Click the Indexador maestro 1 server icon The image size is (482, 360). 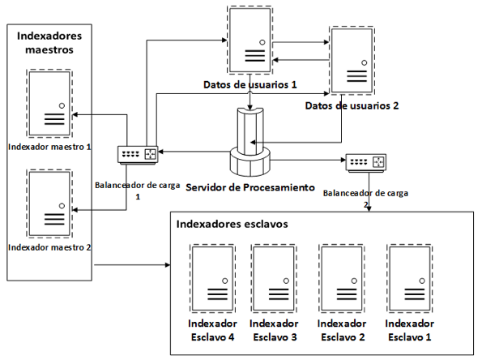[49, 104]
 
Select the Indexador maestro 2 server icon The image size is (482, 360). [49, 204]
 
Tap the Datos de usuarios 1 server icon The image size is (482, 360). [250, 40]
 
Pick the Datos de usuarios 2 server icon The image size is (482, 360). [352, 60]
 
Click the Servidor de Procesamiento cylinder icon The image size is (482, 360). [250, 142]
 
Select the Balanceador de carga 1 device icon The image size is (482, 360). [138, 155]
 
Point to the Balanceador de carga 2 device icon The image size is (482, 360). [366, 162]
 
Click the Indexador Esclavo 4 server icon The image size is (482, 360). [212, 278]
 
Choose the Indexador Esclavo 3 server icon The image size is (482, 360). [274, 278]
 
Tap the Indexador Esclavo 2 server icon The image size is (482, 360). [342, 278]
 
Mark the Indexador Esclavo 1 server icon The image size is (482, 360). [409, 278]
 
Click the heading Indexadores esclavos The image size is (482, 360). [232, 224]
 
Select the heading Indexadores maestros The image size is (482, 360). [49, 42]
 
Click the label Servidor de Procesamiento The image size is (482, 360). [250, 187]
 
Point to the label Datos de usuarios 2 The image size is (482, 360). [352, 106]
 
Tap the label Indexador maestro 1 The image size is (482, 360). [49, 147]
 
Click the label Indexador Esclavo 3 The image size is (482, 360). [274, 331]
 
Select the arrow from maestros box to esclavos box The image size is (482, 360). [132, 264]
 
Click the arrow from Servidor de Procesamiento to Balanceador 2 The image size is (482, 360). [308, 160]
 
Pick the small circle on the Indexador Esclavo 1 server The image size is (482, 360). [422, 281]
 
